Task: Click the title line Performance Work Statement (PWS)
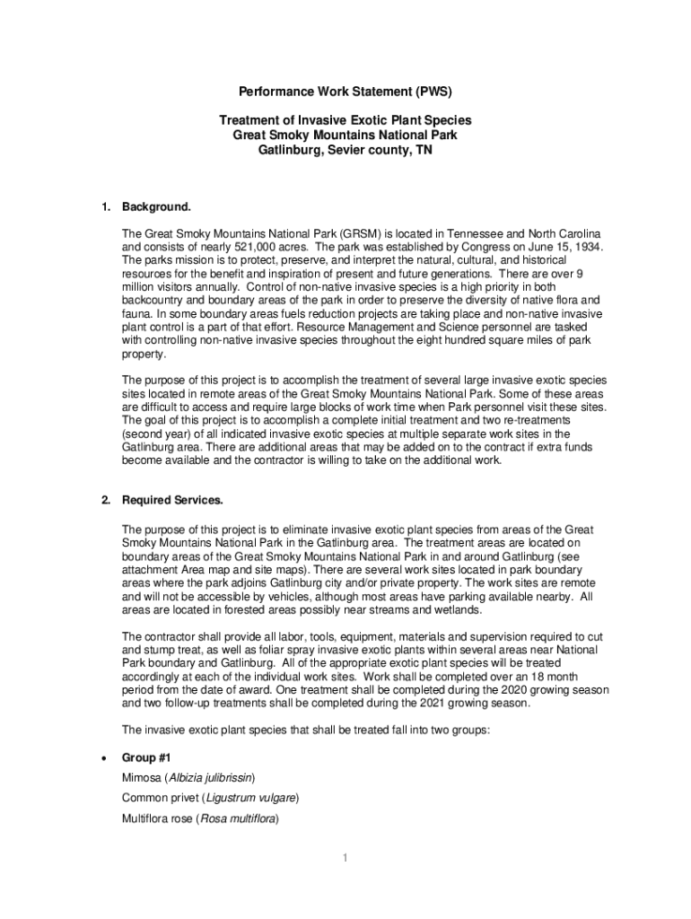pyautogui.click(x=345, y=92)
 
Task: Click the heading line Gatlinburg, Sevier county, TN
pyautogui.click(x=345, y=151)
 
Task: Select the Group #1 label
pyautogui.click(x=147, y=757)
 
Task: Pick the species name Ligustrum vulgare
pyautogui.click(x=250, y=798)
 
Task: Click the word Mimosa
pyautogui.click(x=141, y=777)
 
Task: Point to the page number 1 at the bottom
pyautogui.click(x=345, y=859)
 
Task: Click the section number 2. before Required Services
pyautogui.click(x=106, y=500)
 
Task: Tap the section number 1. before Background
pyautogui.click(x=106, y=208)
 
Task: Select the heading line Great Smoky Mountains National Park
pyautogui.click(x=345, y=136)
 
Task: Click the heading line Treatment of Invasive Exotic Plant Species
pyautogui.click(x=345, y=120)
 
